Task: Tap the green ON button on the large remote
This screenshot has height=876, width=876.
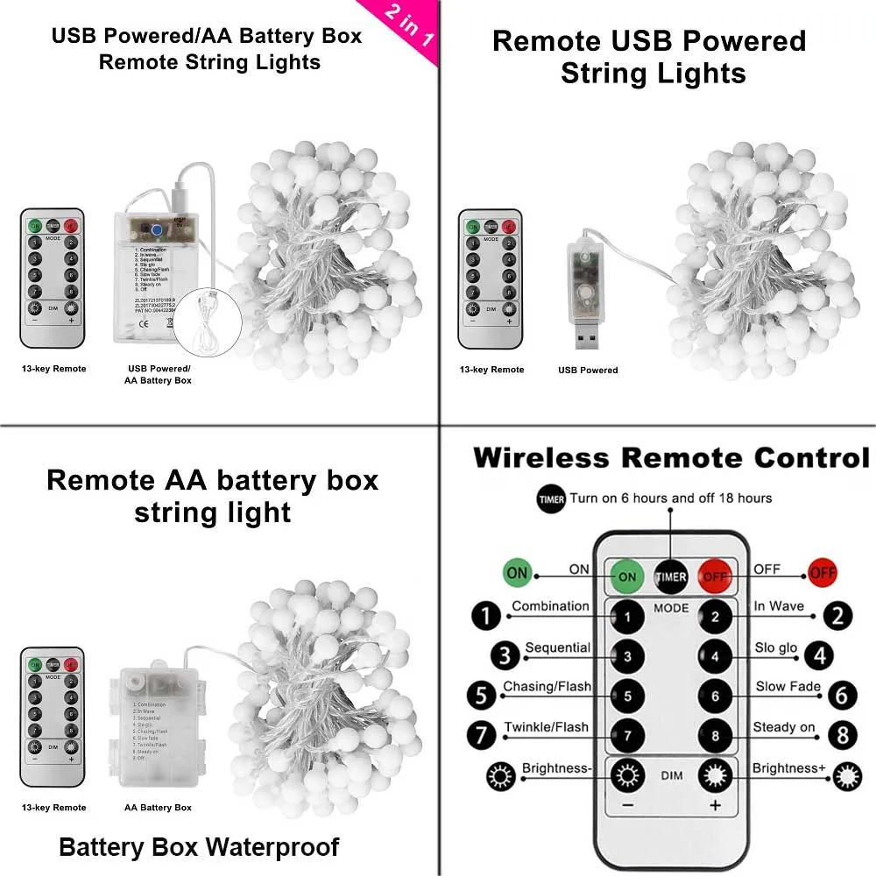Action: tap(627, 576)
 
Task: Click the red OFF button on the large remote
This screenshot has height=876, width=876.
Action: tap(716, 576)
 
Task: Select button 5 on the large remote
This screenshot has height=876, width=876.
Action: tap(627, 696)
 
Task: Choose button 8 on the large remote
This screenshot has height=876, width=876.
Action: tap(716, 736)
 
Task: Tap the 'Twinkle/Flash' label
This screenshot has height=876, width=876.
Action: tap(546, 727)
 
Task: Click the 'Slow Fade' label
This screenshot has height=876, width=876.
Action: tap(788, 687)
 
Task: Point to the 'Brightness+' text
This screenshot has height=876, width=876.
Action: tap(788, 768)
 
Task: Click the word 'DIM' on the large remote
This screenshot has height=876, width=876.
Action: tap(671, 775)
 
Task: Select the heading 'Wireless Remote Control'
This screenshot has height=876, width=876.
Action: tap(671, 458)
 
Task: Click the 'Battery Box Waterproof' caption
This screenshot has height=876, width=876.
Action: tap(199, 847)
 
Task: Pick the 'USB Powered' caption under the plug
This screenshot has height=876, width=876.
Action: tap(588, 370)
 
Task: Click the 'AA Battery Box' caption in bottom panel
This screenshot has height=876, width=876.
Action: tap(158, 807)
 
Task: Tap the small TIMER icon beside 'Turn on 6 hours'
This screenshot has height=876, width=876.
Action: tap(552, 499)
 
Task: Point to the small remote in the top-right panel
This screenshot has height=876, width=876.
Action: tap(491, 278)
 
